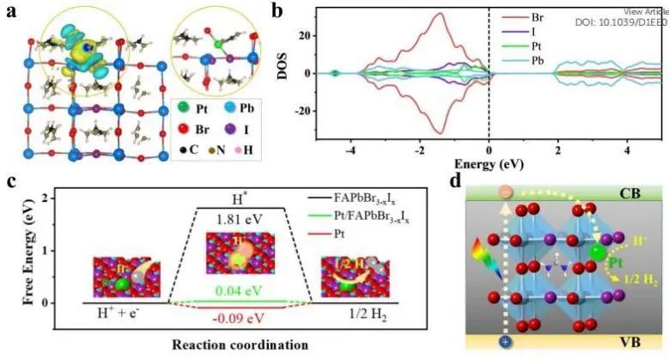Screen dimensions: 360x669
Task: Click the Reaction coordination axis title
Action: point(250,345)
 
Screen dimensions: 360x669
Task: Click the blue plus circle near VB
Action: point(506,341)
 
